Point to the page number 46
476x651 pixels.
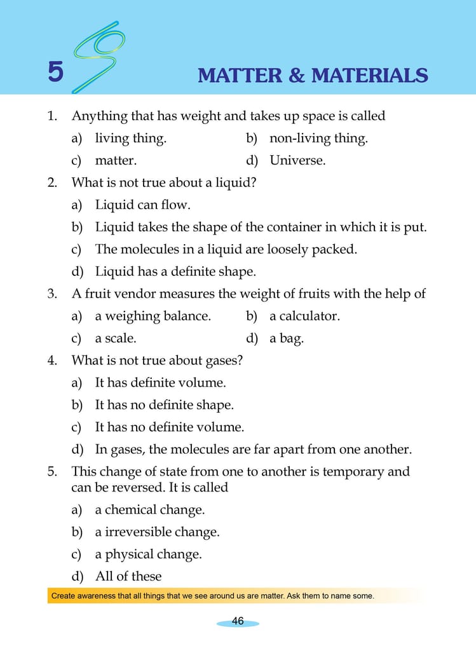click(x=238, y=621)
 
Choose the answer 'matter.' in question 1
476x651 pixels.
click(x=116, y=160)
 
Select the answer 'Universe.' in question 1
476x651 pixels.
click(x=297, y=160)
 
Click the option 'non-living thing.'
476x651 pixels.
click(x=318, y=138)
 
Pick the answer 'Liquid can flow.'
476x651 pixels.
click(x=142, y=205)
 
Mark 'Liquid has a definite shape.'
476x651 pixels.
click(x=175, y=271)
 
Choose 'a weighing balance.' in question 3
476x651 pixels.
click(x=153, y=316)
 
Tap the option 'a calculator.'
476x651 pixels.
click(x=304, y=316)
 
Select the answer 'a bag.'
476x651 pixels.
click(x=287, y=338)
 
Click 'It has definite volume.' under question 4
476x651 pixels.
click(x=160, y=383)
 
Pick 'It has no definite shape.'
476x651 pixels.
click(x=164, y=405)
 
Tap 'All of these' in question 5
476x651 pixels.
click(x=128, y=577)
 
